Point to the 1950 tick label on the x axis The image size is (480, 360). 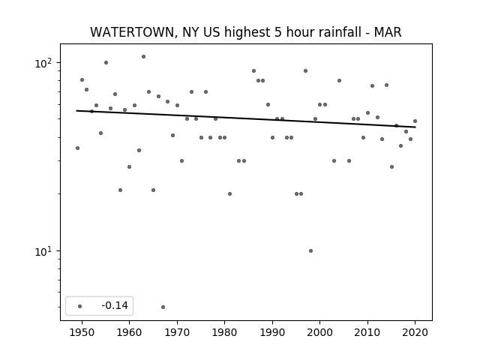coord(82,332)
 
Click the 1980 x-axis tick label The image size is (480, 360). coord(225,332)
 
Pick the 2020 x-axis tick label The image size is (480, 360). coord(415,332)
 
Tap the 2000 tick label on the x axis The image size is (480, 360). coord(320,332)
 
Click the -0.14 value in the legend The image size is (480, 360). coord(115,305)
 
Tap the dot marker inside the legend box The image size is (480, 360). coord(80,306)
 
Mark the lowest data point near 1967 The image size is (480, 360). coord(163,307)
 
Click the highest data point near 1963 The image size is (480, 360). coord(143,57)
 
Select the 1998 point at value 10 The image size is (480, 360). coord(310,251)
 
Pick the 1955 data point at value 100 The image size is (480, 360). coord(106,63)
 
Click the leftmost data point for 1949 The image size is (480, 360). coord(77,148)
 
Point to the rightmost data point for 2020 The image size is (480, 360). coord(415,121)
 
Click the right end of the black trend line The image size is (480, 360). coord(415,127)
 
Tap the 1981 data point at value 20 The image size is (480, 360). coord(230,193)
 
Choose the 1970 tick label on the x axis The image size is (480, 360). coord(177,332)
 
